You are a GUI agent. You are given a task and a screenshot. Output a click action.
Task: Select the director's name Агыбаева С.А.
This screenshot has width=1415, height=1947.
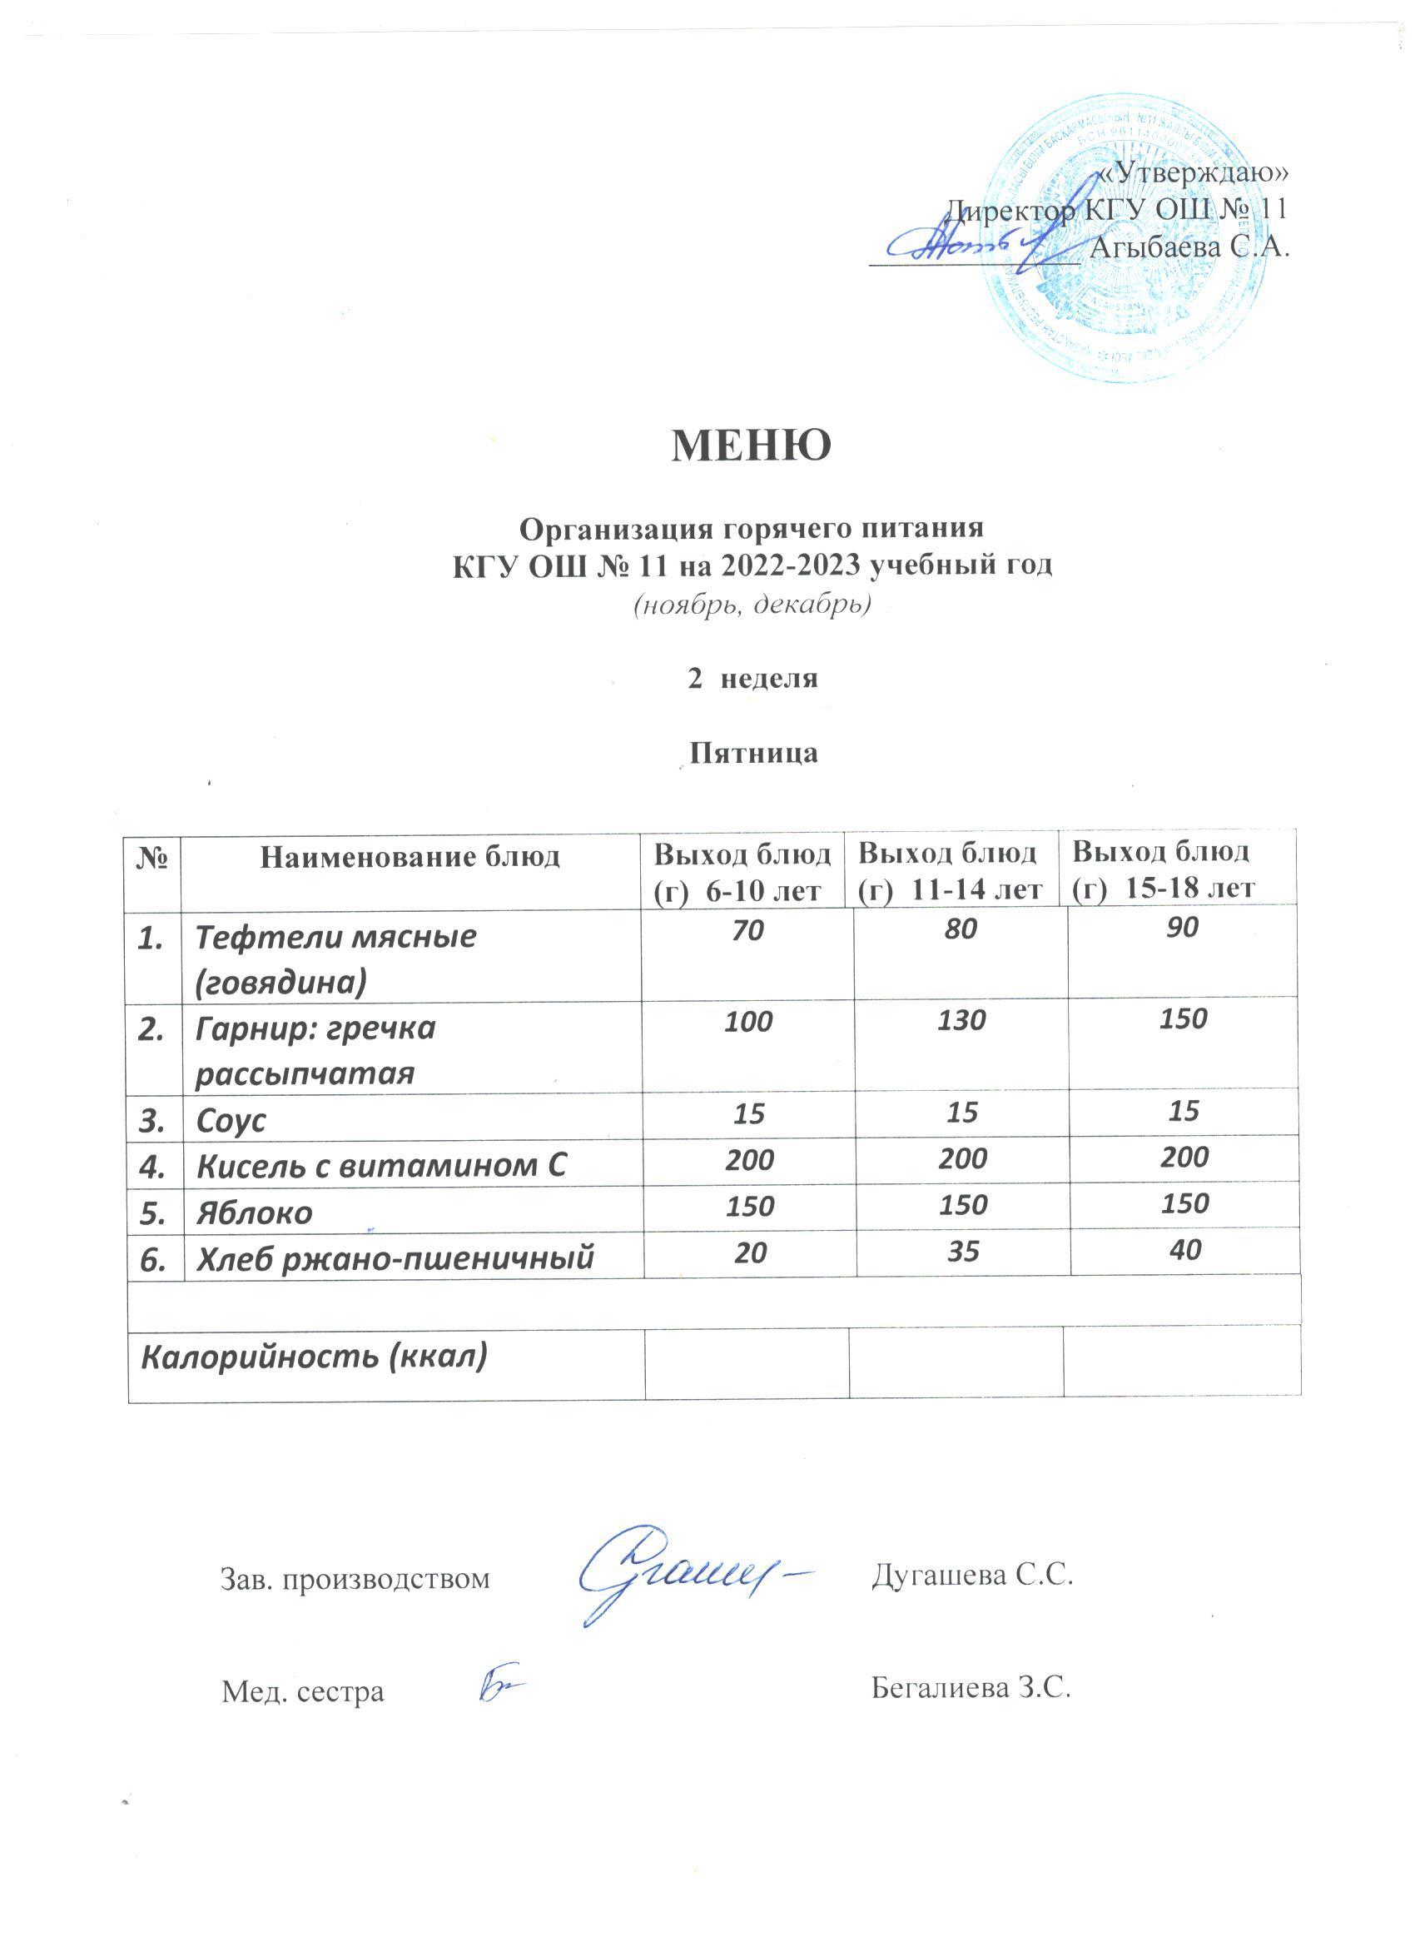coord(1189,247)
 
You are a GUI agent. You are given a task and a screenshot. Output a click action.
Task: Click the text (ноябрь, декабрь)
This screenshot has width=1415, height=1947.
coord(752,605)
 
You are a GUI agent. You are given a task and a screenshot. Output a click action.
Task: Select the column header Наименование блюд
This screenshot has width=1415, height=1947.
coord(410,856)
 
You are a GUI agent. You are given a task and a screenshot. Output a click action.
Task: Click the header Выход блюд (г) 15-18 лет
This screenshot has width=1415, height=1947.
coord(1164,869)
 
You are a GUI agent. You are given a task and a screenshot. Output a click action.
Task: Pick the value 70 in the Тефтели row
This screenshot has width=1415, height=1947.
coord(748,929)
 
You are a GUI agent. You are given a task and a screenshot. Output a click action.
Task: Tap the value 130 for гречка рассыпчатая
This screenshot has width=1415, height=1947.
coord(962,1021)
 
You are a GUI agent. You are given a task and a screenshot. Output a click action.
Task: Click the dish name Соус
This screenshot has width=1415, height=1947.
coord(231,1120)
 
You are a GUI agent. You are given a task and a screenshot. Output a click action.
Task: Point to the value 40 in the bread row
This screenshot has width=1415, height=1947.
coord(1184,1250)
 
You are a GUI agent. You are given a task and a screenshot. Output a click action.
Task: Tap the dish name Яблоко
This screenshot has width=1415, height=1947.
coord(254,1213)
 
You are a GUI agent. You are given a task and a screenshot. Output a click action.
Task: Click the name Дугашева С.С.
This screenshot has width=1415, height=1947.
coord(973,1575)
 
